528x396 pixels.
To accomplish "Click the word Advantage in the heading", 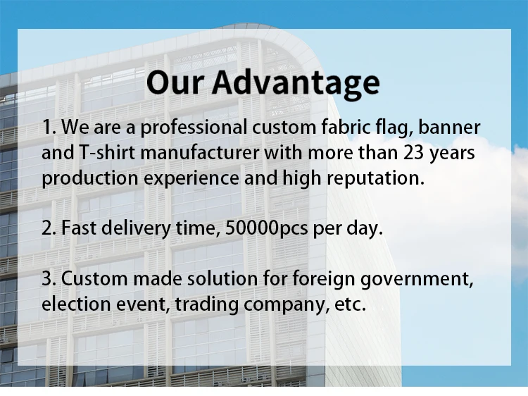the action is [296, 84].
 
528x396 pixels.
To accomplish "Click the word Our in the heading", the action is [175, 82].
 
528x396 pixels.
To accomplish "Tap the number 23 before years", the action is [413, 152].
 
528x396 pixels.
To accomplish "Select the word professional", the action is [194, 128].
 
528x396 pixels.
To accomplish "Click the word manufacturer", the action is [200, 152].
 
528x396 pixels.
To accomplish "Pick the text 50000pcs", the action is [266, 228].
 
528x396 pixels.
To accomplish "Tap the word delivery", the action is [136, 228].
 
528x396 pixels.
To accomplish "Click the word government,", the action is [417, 280].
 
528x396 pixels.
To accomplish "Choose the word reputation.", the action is [375, 178].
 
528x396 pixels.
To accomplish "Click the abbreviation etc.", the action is [350, 304].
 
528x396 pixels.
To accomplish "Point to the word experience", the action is [191, 178].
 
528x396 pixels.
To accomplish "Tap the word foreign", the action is [324, 280].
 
